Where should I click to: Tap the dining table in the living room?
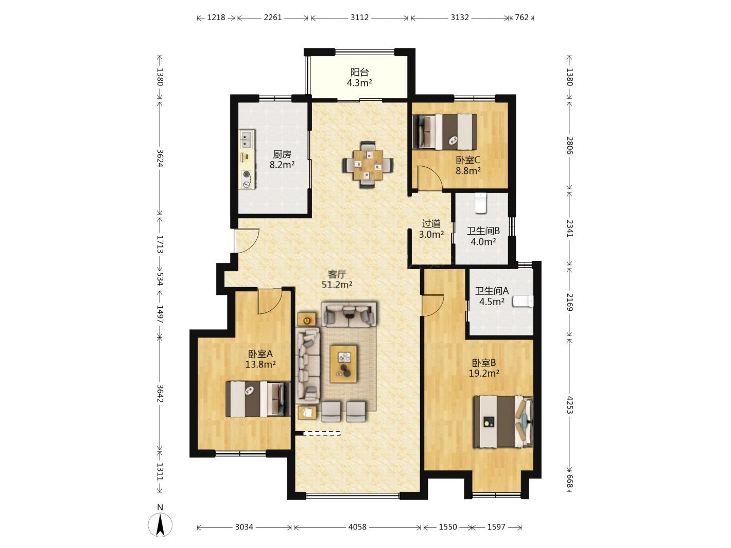click(x=368, y=165)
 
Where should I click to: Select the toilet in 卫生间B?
click(x=480, y=203)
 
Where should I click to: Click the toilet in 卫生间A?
click(x=523, y=301)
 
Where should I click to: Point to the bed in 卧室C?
click(x=444, y=132)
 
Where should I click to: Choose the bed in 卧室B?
click(x=503, y=421)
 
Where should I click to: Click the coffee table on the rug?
click(x=343, y=364)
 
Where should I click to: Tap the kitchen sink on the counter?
click(x=247, y=139)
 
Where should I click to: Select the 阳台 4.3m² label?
click(x=359, y=77)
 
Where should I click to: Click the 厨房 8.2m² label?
click(x=282, y=159)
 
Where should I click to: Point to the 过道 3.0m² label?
click(x=431, y=228)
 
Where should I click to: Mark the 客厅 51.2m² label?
click(x=337, y=279)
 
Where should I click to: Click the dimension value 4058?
click(x=357, y=527)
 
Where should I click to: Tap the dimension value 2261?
click(x=273, y=17)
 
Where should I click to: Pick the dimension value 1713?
click(x=160, y=244)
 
